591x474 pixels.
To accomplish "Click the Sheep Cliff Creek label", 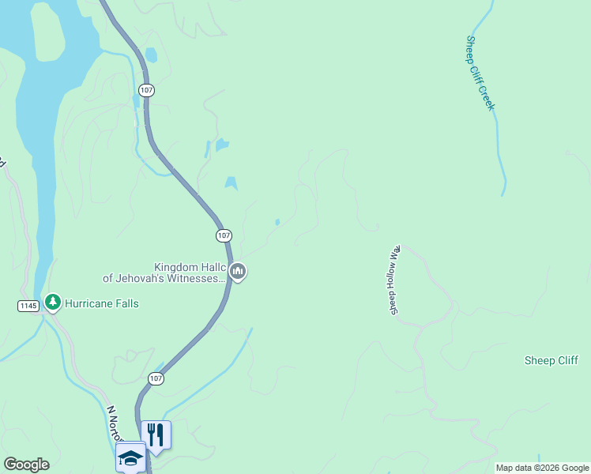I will tap(480, 73).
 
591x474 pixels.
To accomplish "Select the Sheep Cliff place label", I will tap(551, 360).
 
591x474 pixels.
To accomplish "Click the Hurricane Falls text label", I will tap(101, 303).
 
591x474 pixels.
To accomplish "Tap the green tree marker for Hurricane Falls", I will tap(53, 302).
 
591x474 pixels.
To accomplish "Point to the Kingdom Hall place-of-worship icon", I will tap(238, 272).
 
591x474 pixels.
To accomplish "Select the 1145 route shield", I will tap(28, 305).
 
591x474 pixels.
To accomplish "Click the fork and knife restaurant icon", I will tap(156, 434).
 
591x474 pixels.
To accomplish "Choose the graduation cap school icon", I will tap(130, 456).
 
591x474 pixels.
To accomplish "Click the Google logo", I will tap(26, 465).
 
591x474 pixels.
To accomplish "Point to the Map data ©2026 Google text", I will tap(542, 468).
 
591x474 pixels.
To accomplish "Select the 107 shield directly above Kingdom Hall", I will tap(224, 235).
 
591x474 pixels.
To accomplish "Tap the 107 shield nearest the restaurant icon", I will tap(156, 379).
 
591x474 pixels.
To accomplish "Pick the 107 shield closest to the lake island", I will tap(145, 90).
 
